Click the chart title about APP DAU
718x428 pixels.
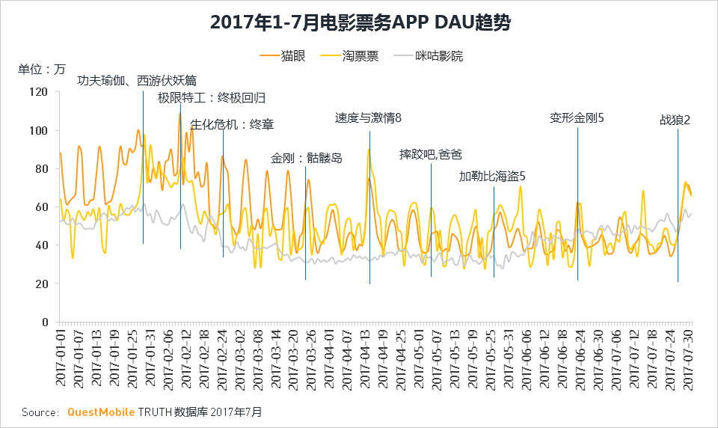pyautogui.click(x=360, y=23)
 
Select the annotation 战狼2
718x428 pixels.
pyautogui.click(x=675, y=120)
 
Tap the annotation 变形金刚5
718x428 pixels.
pyautogui.click(x=577, y=118)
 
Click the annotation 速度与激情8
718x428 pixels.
pyautogui.click(x=368, y=118)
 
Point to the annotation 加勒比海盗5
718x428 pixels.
pyautogui.click(x=492, y=177)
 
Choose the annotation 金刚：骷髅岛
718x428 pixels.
pyautogui.click(x=307, y=159)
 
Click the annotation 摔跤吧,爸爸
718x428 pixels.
pyautogui.click(x=431, y=155)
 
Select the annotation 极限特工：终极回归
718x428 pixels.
pyautogui.click(x=212, y=98)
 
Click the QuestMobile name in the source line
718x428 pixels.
pyautogui.click(x=101, y=412)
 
